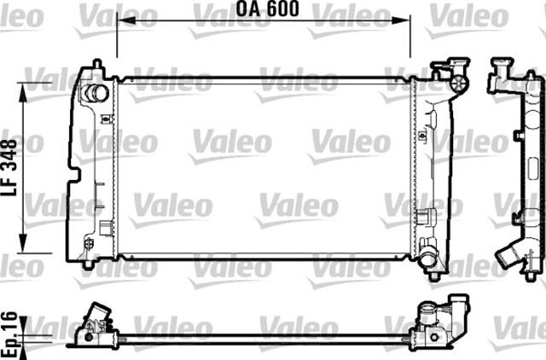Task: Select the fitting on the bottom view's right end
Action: (444, 316)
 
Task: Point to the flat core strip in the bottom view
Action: (264, 340)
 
